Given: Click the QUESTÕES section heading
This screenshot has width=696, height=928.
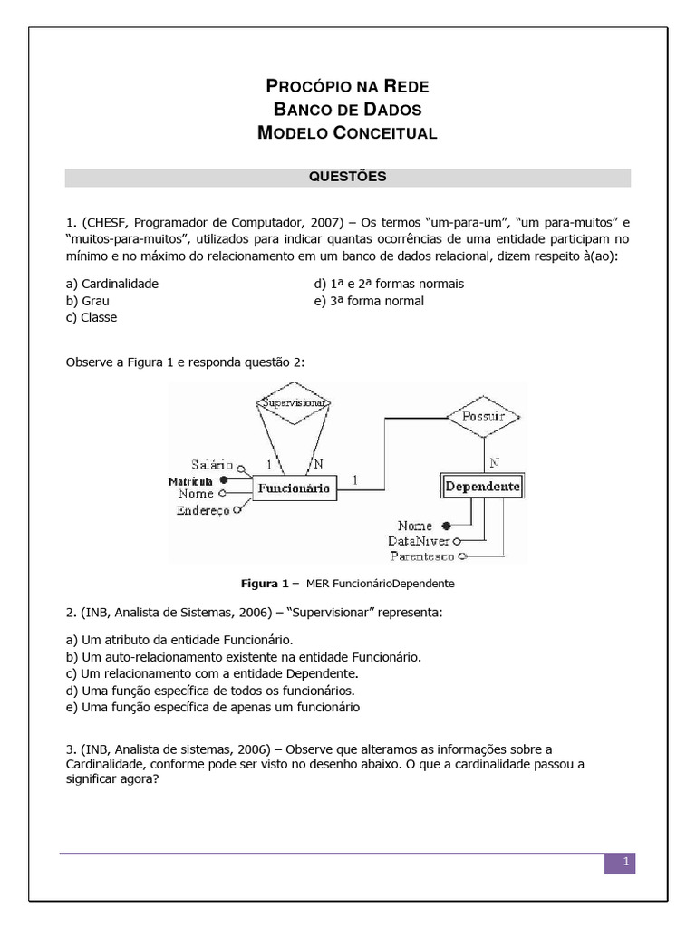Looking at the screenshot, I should click(348, 177).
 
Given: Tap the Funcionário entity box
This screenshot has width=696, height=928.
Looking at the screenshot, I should click(295, 488).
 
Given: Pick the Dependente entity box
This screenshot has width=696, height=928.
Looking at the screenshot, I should click(482, 487).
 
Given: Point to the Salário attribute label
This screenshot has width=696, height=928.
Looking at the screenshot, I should click(212, 465).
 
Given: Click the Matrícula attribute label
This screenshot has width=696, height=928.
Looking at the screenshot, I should click(190, 480).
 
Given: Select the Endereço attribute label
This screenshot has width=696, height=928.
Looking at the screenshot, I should click(204, 511).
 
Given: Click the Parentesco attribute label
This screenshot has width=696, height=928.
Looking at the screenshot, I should click(423, 556).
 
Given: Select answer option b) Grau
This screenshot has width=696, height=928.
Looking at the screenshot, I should click(88, 301).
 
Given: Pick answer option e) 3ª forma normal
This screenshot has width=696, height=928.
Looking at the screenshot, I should click(369, 301).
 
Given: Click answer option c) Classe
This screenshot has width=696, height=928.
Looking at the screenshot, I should click(92, 317).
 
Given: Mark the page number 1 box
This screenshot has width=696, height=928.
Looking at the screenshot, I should click(620, 863).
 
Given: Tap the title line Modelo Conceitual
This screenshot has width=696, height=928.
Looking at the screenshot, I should click(348, 133).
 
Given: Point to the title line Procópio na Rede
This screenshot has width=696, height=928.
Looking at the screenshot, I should click(348, 87).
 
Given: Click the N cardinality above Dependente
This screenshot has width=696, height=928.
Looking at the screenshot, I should click(494, 462).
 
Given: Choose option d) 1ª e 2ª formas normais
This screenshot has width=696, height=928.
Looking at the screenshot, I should click(389, 284).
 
